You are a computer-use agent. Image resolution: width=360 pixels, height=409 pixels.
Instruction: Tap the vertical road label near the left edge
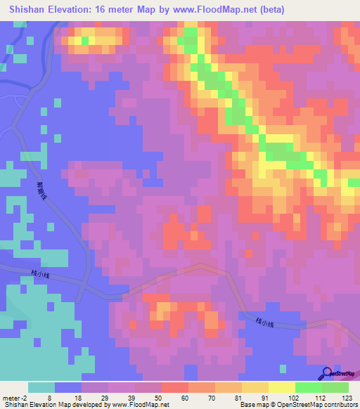pos(41,189)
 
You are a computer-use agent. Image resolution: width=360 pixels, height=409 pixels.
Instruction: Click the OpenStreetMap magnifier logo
pos(328,373)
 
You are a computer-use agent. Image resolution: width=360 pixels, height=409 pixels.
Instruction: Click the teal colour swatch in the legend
pos(41,387)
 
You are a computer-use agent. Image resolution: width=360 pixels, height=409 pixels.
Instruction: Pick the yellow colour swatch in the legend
pos(281,387)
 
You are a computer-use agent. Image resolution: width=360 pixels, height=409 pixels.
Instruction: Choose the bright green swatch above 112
pos(308,387)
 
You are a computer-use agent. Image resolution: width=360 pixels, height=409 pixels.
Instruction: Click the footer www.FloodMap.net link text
pos(138,405)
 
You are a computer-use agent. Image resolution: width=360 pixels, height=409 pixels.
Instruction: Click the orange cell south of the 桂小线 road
pos(162,307)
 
